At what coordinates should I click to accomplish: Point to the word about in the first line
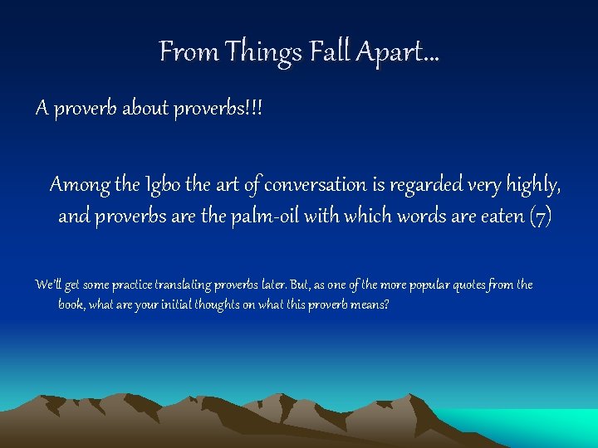(x=146, y=110)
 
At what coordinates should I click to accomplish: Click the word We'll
(x=49, y=285)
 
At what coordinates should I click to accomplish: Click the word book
(x=72, y=304)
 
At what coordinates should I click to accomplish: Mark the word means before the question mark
(x=367, y=304)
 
